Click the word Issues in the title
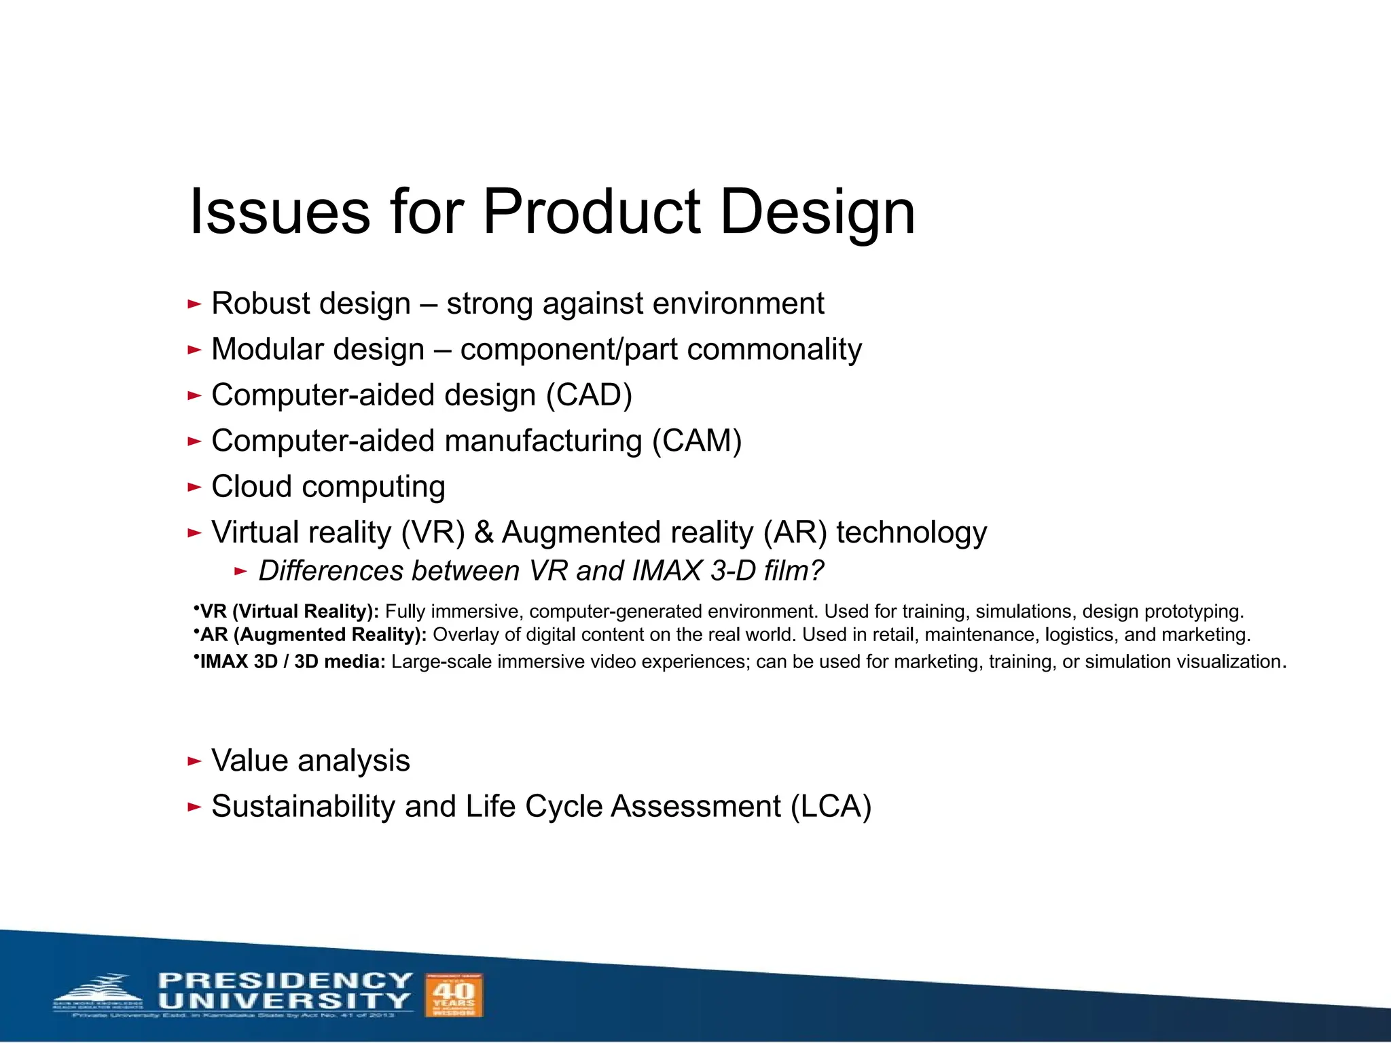pos(280,212)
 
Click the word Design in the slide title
pos(817,212)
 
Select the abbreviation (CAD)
pos(590,395)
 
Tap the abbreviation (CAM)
pos(697,441)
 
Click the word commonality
pos(774,350)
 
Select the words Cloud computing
pos(328,487)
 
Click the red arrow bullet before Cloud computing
pos(194,487)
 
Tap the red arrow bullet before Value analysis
pos(194,761)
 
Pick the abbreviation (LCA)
pos(830,807)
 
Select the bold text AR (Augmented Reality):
pos(313,635)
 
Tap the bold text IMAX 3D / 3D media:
pos(293,662)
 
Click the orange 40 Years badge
pos(453,995)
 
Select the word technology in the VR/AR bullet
pos(911,532)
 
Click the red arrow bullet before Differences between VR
pos(240,571)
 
